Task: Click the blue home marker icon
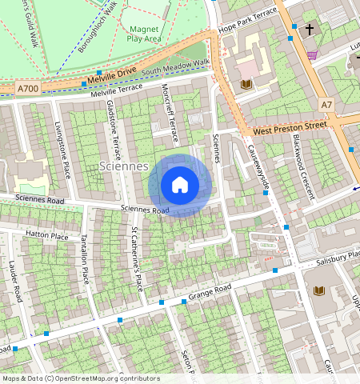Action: (180, 185)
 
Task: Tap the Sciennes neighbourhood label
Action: (126, 166)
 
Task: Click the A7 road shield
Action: (326, 104)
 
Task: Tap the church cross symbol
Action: (308, 29)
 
